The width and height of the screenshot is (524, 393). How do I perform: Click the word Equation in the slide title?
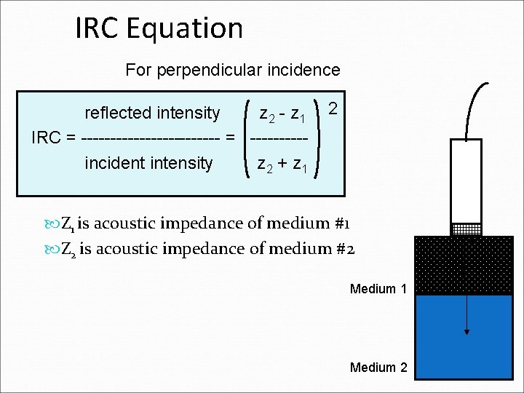pyautogui.click(x=184, y=29)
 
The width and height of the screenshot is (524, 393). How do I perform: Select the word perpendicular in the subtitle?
pyautogui.click(x=227, y=70)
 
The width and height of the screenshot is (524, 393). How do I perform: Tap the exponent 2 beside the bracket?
pyautogui.click(x=333, y=108)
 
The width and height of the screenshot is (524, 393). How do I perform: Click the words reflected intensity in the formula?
pyautogui.click(x=152, y=113)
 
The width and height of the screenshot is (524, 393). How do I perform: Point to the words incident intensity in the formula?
pyautogui.click(x=148, y=162)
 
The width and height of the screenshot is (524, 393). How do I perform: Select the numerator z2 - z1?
pyautogui.click(x=286, y=114)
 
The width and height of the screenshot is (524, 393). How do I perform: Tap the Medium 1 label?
pyautogui.click(x=378, y=289)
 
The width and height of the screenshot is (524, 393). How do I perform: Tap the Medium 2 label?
pyautogui.click(x=378, y=368)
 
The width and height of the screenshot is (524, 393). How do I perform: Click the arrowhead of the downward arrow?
pyautogui.click(x=467, y=331)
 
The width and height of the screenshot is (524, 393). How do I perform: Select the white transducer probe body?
pyautogui.click(x=467, y=180)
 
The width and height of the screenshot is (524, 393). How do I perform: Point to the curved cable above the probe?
pyautogui.click(x=474, y=102)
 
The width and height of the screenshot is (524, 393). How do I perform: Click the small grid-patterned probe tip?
pyautogui.click(x=467, y=229)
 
